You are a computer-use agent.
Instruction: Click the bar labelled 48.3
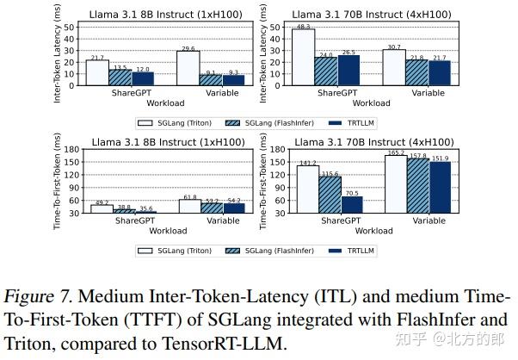tap(304, 59)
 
